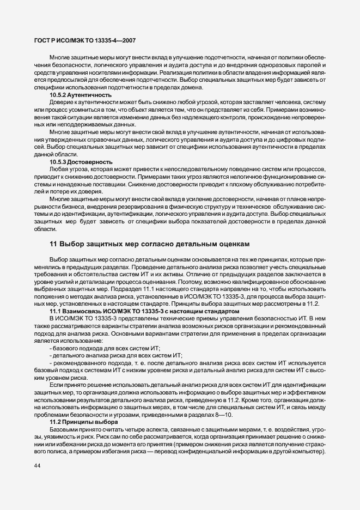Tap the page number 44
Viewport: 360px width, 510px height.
pyautogui.click(x=36, y=465)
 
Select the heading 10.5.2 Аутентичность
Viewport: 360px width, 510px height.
pyautogui.click(x=81, y=95)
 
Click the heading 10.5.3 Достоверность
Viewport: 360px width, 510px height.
pyautogui.click(x=81, y=162)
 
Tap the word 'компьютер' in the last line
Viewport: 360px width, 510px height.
pyautogui.click(x=307, y=453)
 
